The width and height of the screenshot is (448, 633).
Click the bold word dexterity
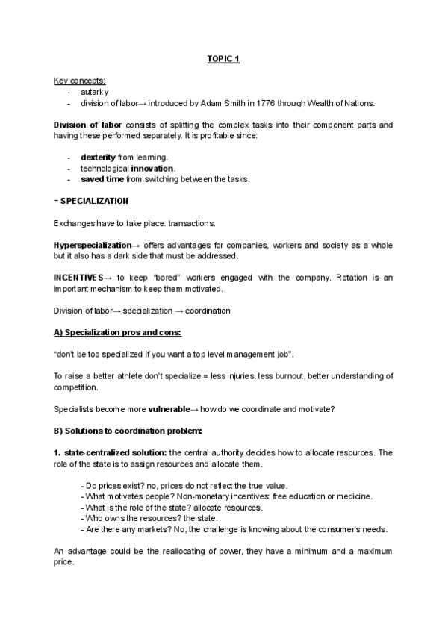[98, 158]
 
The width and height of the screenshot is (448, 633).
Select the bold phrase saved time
[102, 180]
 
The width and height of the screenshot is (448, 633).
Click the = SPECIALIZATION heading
[91, 202]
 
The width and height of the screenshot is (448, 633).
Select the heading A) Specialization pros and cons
[118, 332]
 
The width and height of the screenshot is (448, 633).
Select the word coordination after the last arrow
[203, 311]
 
